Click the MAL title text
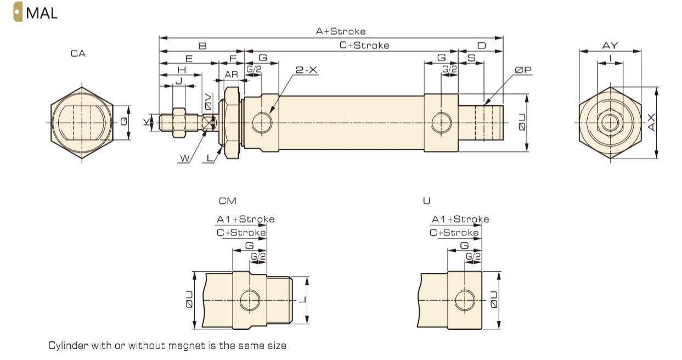(x=41, y=13)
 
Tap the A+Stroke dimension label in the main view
(x=340, y=31)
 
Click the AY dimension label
(x=610, y=46)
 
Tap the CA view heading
(x=78, y=54)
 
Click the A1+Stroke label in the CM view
(x=245, y=219)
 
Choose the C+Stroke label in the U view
(x=454, y=232)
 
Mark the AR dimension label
(x=231, y=74)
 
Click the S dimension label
(x=471, y=58)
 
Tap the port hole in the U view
(x=465, y=298)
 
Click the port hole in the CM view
(x=250, y=298)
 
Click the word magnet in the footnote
(x=194, y=346)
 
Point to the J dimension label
(x=177, y=81)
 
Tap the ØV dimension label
(x=208, y=101)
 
